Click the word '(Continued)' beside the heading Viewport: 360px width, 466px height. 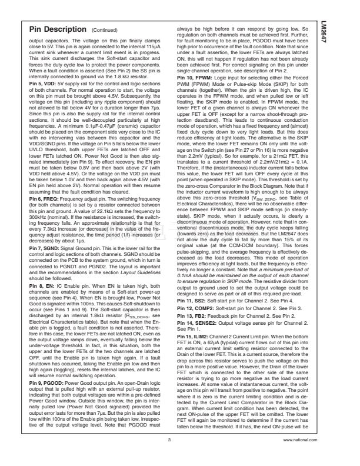[x=106, y=29]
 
